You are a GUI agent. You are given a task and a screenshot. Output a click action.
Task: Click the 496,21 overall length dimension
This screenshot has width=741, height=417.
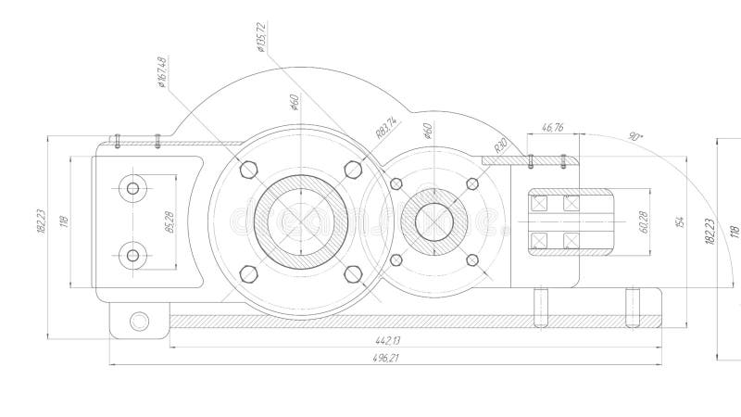click(x=385, y=358)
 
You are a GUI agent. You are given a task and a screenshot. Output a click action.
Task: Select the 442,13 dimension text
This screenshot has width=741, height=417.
click(x=390, y=340)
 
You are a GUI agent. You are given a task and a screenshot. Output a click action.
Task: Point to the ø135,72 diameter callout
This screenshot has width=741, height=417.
click(x=261, y=37)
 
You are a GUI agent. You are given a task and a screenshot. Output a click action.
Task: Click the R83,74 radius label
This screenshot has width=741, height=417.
click(x=386, y=127)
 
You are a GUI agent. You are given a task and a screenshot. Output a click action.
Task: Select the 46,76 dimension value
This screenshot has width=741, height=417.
click(x=552, y=127)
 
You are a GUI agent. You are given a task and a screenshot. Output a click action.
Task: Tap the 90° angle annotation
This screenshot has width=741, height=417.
click(x=635, y=136)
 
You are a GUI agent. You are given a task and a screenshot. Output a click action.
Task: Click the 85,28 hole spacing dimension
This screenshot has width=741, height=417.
click(x=169, y=222)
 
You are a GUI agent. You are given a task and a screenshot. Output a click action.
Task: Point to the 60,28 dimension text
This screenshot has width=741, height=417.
click(x=646, y=222)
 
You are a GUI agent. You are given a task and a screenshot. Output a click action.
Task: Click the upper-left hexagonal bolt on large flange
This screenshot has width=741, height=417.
click(x=248, y=169)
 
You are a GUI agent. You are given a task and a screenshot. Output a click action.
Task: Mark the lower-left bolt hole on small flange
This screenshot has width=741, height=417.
click(x=396, y=259)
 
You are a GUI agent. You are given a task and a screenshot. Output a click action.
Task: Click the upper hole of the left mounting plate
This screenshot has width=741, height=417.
click(x=132, y=189)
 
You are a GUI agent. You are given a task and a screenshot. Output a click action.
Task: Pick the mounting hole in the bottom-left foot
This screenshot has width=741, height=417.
click(x=139, y=322)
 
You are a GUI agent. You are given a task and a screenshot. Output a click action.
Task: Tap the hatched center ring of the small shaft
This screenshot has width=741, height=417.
click(x=433, y=221)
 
